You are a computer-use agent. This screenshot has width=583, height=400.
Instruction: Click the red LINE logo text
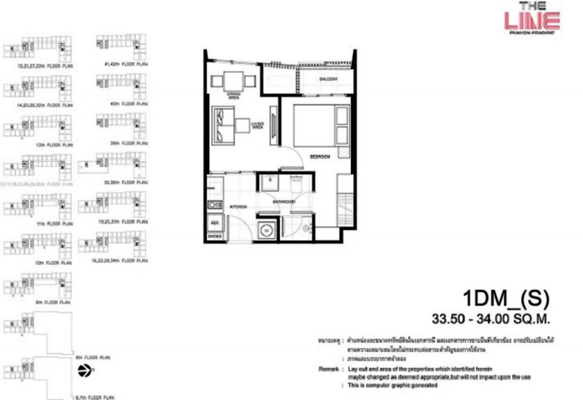[532, 21]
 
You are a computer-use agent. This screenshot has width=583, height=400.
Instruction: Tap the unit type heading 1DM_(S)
[506, 298]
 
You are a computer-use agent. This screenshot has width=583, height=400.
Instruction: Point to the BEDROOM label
[321, 156]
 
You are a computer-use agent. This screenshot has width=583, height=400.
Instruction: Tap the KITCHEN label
[238, 207]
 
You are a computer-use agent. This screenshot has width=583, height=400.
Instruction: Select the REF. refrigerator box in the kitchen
[215, 222]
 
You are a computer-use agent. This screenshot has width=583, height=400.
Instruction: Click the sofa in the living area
[223, 126]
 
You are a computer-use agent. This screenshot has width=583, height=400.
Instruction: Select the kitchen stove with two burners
[215, 205]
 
